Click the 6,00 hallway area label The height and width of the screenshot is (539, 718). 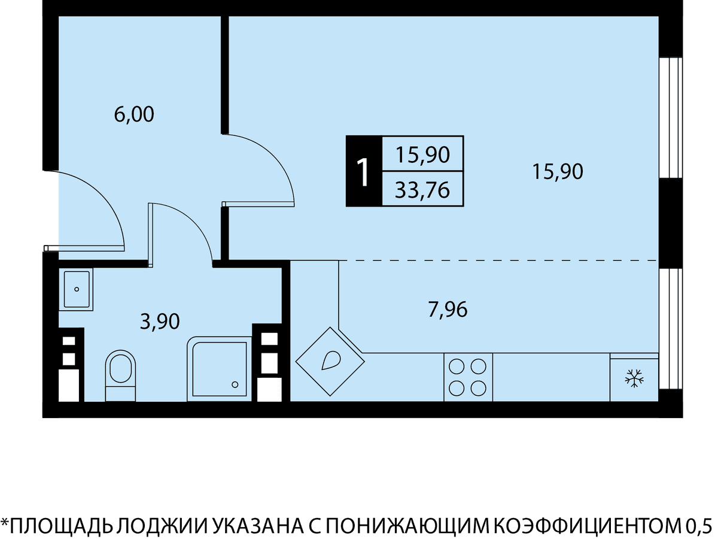(134, 115)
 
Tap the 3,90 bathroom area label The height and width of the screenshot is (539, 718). (160, 322)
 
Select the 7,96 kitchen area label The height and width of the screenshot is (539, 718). (448, 310)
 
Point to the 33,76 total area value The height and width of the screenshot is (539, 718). (422, 190)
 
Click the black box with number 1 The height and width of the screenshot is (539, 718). (364, 171)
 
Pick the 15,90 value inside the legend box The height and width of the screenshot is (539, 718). (422, 155)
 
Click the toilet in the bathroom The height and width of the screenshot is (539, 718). (120, 376)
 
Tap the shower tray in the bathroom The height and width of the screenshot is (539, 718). (219, 369)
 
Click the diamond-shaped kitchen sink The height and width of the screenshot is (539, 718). (330, 362)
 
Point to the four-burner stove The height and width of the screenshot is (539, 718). (468, 377)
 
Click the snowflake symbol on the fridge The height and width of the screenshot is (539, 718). (634, 378)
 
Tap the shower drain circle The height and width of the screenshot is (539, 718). (235, 384)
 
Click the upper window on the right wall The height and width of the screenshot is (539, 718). (671, 118)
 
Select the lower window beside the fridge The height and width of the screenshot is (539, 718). (671, 329)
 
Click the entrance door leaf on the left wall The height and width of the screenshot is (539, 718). (84, 249)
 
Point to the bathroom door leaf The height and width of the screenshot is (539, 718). (150, 235)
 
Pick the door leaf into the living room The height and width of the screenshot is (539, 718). (258, 204)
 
